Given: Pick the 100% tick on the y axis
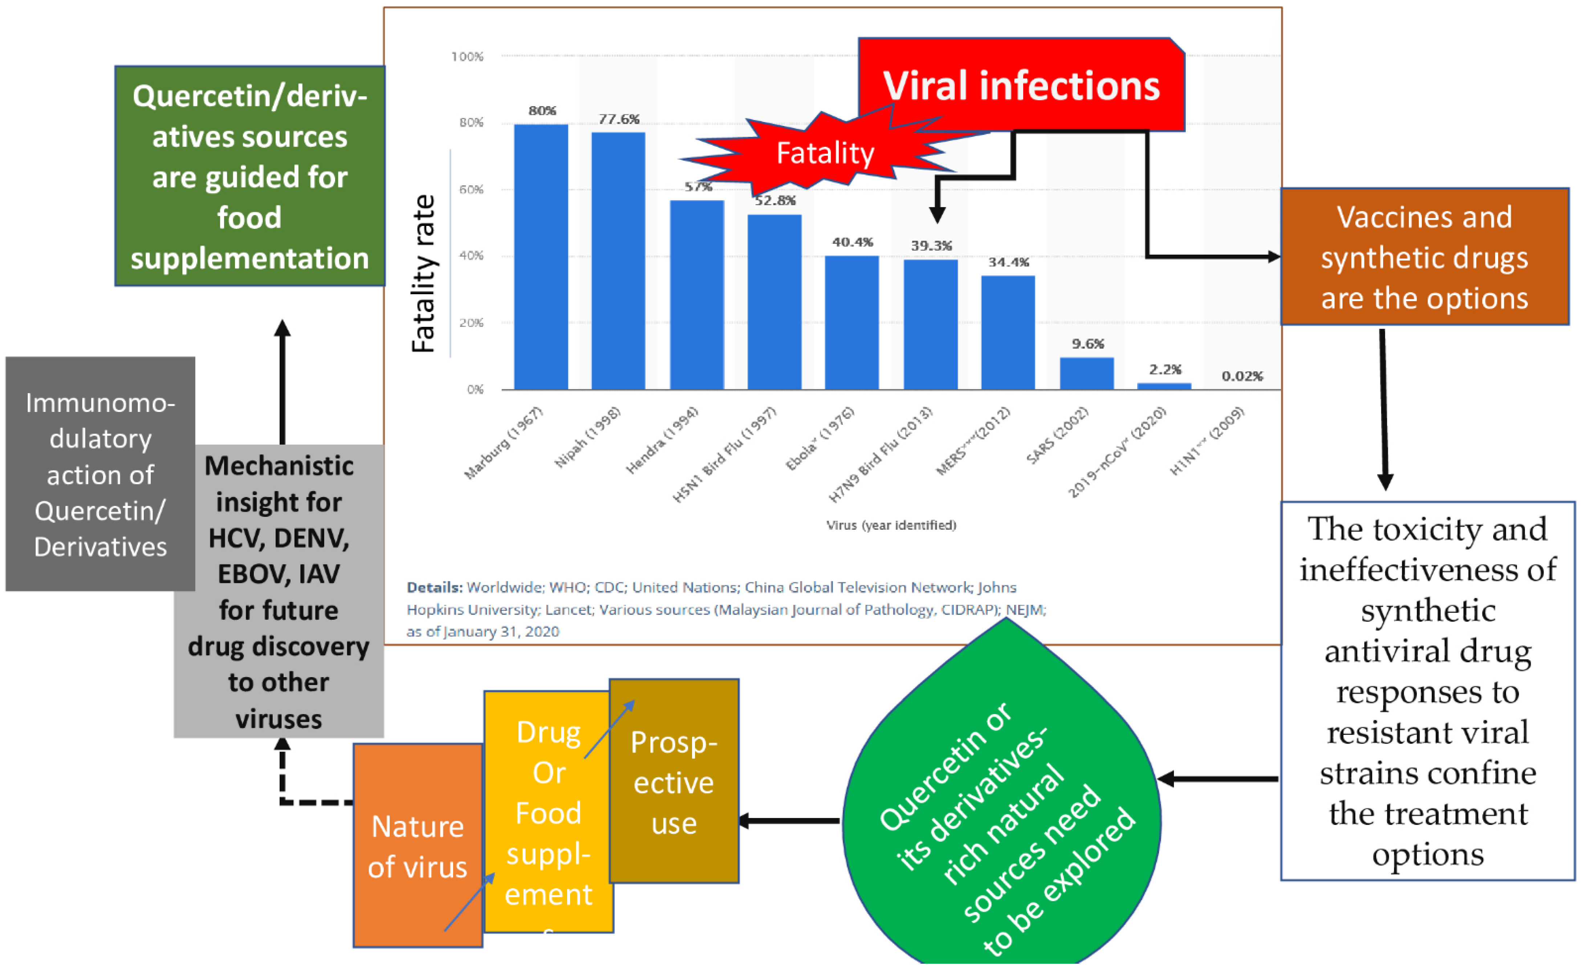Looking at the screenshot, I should point(467,57).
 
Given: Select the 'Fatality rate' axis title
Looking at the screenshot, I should point(424,274).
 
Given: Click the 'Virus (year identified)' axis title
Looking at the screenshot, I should point(891,525).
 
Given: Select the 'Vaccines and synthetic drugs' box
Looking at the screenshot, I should point(1424,257).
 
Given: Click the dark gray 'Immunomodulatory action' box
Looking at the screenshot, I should point(100,474).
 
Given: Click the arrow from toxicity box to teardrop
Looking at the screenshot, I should point(1220,779).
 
